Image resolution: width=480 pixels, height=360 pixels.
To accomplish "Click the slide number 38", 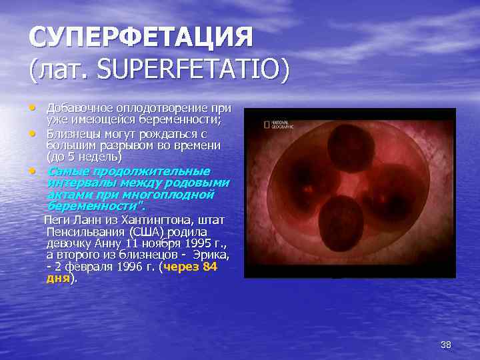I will [446, 344].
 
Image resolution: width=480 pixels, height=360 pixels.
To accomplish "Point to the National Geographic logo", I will [278, 124].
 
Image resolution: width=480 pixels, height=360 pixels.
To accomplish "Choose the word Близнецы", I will [73, 133].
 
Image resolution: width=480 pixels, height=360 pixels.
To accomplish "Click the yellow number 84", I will [209, 267].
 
